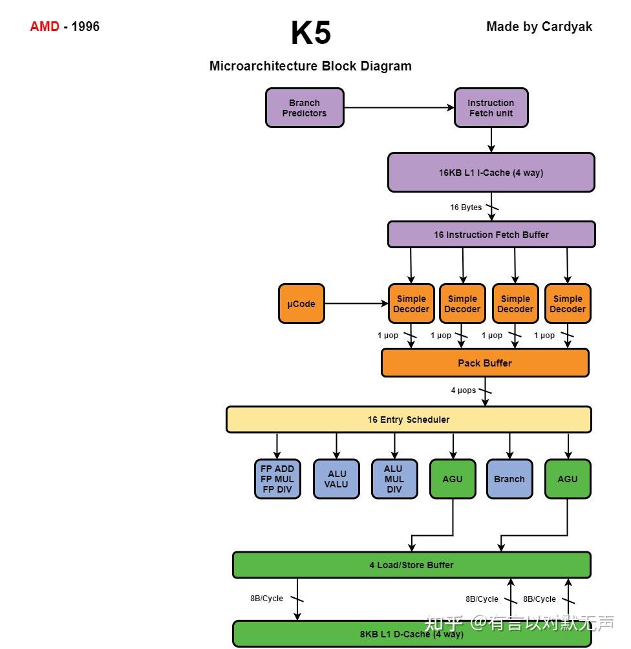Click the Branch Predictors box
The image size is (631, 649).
[x=305, y=108]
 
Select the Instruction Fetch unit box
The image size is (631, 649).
[x=491, y=108]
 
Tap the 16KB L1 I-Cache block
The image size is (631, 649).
[x=491, y=173]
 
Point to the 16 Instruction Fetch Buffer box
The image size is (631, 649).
[x=491, y=235]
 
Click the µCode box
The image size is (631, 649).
[x=301, y=304]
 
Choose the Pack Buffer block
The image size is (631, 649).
[x=485, y=363]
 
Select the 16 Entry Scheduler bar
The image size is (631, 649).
[x=409, y=420]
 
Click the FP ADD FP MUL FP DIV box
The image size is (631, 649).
[x=277, y=479]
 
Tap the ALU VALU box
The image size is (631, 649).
[x=336, y=479]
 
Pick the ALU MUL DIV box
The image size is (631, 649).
[x=394, y=479]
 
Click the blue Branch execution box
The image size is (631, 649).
[x=509, y=479]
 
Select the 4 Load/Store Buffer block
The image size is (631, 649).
[x=411, y=565]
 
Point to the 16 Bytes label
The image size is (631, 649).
[x=466, y=207]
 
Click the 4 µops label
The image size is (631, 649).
[x=464, y=390]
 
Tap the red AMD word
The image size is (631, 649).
[x=45, y=27]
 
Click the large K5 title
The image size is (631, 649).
[x=311, y=33]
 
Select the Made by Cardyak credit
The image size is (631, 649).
[x=539, y=27]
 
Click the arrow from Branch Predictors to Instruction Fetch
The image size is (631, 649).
[x=398, y=108]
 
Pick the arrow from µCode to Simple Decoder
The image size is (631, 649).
[x=356, y=304]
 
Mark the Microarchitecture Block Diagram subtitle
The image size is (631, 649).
[x=310, y=66]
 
